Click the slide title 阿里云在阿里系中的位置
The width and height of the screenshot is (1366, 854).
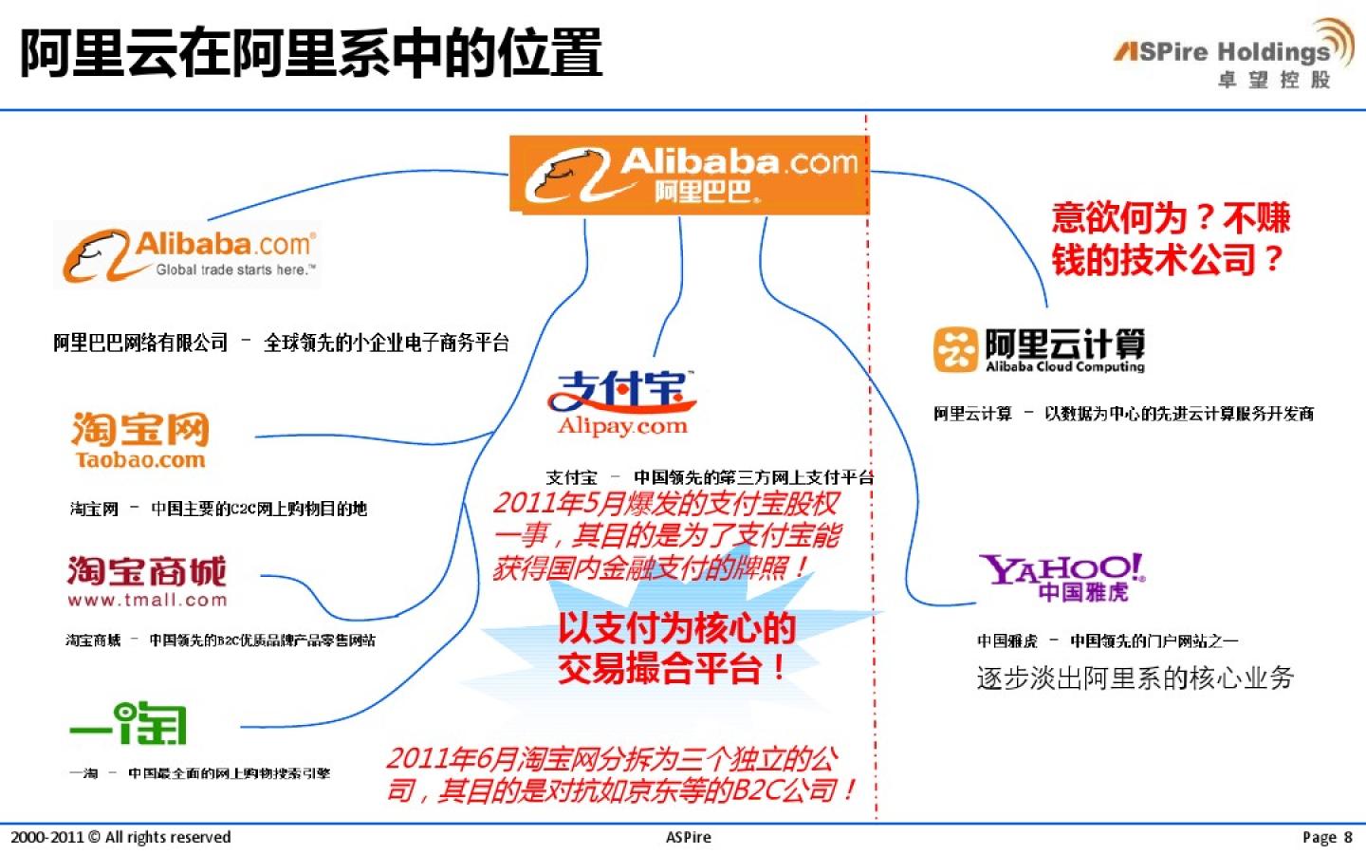[x=311, y=53]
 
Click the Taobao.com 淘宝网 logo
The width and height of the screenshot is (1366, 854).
[x=140, y=440]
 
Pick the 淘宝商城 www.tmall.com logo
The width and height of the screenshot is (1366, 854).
[x=147, y=581]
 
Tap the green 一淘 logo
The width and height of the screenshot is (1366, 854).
[x=129, y=724]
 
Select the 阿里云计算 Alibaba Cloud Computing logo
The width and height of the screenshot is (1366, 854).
[x=1040, y=350]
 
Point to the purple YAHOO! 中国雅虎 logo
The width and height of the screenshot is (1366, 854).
[x=1061, y=577]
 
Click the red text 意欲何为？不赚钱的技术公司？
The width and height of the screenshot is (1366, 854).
[x=1170, y=238]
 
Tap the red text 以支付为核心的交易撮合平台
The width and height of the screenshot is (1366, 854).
[x=675, y=648]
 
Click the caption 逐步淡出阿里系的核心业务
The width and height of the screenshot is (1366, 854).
[x=1135, y=678]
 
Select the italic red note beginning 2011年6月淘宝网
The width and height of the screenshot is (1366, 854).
[x=621, y=774]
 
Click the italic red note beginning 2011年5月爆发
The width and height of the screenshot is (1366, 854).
[x=666, y=535]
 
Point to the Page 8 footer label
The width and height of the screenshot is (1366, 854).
[x=1326, y=837]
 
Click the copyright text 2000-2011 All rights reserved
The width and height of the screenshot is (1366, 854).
[x=120, y=837]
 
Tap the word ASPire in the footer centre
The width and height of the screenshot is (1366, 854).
[x=688, y=837]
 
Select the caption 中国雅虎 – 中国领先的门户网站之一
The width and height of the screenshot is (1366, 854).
[x=1107, y=640]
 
